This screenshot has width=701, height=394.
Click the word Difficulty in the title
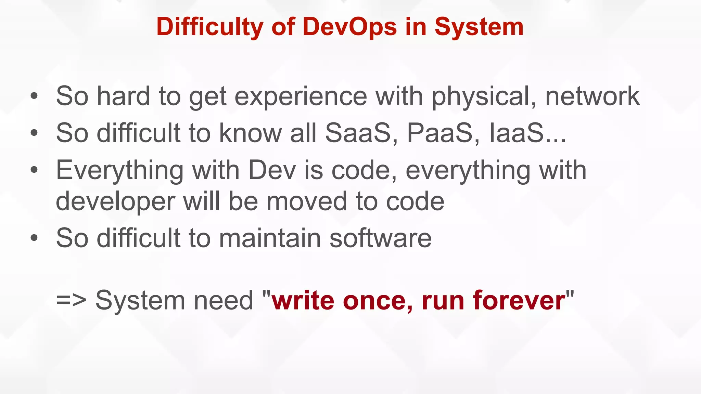tap(209, 27)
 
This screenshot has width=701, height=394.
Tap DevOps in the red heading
tap(349, 27)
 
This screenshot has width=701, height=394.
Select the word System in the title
tap(479, 27)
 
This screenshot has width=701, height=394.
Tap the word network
tap(592, 96)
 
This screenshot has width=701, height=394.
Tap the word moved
tap(307, 201)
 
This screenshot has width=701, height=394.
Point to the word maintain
tap(270, 238)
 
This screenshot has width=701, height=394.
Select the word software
tap(380, 238)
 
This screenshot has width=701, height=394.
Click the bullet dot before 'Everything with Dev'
tap(34, 170)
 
